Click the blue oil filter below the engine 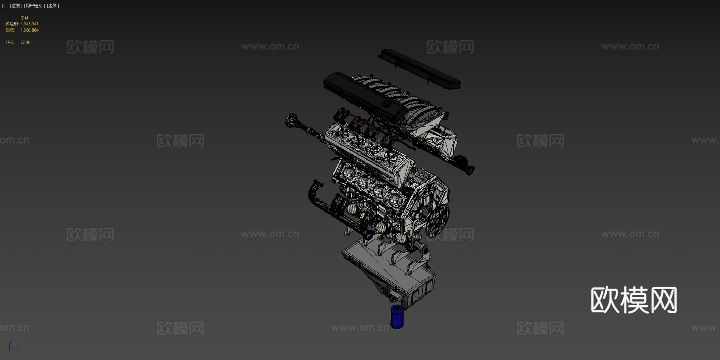(x=397, y=316)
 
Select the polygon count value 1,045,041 (x=30, y=24)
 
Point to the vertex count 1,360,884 (x=30, y=30)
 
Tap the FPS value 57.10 (x=25, y=42)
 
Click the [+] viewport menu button (x=5, y=6)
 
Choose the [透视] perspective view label (x=16, y=6)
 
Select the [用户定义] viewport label (x=34, y=6)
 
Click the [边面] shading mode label (x=53, y=6)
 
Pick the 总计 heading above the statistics (x=24, y=18)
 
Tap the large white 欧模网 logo (x=634, y=300)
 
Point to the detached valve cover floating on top (x=420, y=68)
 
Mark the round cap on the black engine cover (x=387, y=103)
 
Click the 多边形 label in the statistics (x=12, y=24)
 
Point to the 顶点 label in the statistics (x=10, y=30)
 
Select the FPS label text (x=9, y=42)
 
